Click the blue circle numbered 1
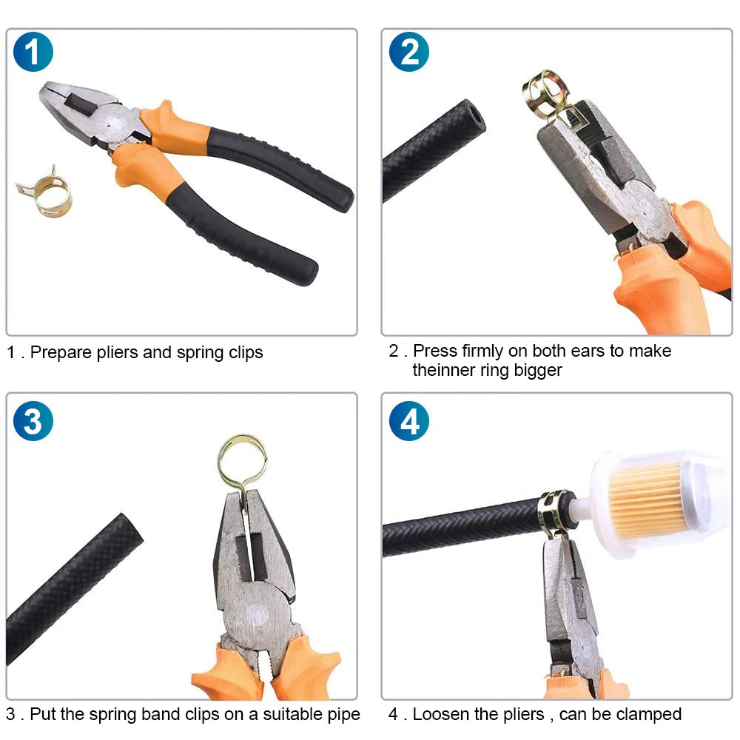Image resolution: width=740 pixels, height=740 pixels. coord(33,52)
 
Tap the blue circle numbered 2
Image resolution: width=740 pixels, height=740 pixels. coord(408,52)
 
